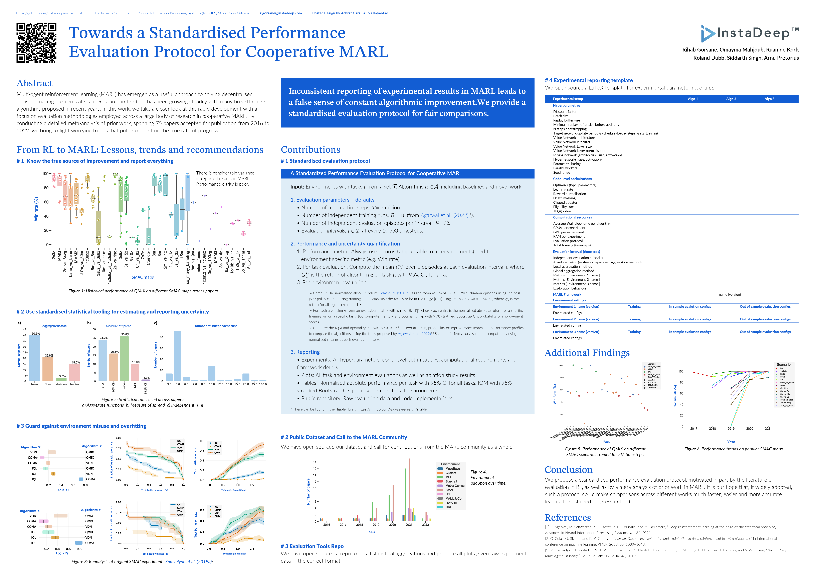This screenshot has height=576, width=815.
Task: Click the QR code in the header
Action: [36, 43]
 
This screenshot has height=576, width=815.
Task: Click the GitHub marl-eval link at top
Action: [49, 13]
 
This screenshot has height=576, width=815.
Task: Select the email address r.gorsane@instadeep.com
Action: [281, 13]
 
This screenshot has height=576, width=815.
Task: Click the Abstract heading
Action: [34, 83]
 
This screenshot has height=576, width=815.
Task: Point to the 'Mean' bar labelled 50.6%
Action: [34, 358]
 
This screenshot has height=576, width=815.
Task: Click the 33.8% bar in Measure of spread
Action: [124, 358]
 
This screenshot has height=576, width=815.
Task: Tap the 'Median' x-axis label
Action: [74, 384]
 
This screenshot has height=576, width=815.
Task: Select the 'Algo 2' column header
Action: [731, 99]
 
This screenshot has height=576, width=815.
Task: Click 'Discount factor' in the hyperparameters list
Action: [565, 112]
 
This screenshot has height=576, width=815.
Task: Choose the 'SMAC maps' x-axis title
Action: [143, 277]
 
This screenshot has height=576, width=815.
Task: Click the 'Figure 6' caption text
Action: [733, 449]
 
